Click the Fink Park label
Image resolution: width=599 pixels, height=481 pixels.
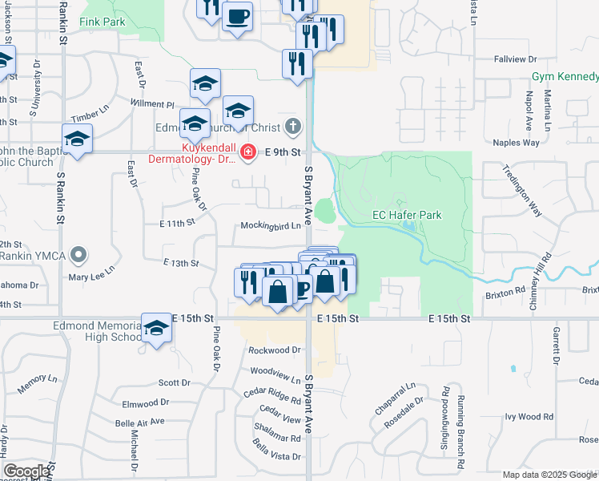pos(102,22)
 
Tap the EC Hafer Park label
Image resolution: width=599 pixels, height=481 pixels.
pos(408,215)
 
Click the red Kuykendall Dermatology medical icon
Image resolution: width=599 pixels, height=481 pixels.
pos(247,152)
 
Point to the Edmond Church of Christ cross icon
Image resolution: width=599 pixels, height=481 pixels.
pos(294,126)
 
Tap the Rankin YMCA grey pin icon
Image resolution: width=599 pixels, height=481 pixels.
pos(78,255)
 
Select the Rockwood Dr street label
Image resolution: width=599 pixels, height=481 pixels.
pos(274,350)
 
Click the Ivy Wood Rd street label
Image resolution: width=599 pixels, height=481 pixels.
pos(529,417)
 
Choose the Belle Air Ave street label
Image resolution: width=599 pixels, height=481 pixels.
pos(139,421)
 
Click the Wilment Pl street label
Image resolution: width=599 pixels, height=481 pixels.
pos(152,104)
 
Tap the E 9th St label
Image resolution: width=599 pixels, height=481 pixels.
pos(283,152)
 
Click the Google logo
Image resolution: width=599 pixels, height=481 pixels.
pos(27,471)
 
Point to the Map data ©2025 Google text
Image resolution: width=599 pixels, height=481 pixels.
pos(549,475)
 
